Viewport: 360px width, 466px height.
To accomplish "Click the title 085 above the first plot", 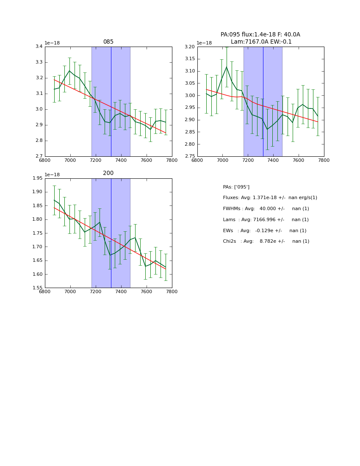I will tap(108, 42).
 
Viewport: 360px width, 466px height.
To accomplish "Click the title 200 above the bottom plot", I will tap(108, 173).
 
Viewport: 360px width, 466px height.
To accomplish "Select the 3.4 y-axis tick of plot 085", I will tap(39, 47).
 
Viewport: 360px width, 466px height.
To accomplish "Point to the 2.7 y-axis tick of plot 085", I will tap(39, 156).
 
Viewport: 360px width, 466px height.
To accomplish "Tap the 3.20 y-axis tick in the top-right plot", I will tap(190, 47).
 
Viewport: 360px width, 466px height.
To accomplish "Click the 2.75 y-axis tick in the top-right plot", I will tap(190, 156).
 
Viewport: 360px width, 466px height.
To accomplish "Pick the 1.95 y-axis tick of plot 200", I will tap(37, 178).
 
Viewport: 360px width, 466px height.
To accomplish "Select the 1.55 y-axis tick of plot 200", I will tap(37, 288).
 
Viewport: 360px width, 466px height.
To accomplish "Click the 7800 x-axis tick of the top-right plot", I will tap(324, 160).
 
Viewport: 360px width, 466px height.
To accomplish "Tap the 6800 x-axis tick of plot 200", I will tap(45, 291).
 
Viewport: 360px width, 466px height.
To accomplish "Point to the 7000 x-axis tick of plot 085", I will tap(70, 160).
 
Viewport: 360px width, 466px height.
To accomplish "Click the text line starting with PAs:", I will tap(236, 187).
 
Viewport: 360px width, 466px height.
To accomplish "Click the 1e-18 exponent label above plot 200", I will tap(52, 175).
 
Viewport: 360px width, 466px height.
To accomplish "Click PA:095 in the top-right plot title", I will tap(231, 35).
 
